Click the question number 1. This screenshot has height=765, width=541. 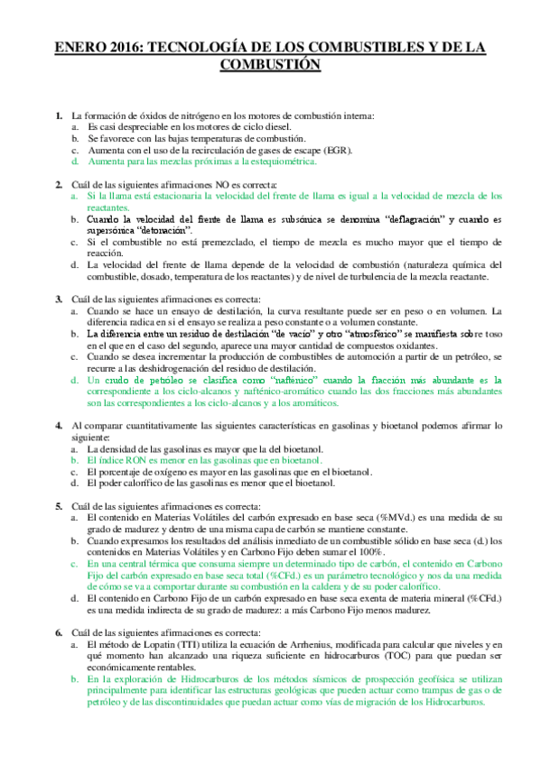point(59,116)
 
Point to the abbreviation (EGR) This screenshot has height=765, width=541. point(338,150)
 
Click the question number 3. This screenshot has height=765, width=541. point(59,300)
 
